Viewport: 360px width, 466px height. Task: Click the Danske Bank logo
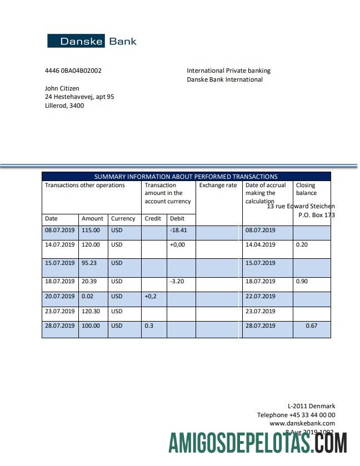(x=92, y=41)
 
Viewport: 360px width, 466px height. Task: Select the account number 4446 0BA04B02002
(x=73, y=71)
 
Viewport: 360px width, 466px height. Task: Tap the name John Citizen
(x=62, y=88)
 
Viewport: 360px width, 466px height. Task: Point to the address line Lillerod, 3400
(x=64, y=106)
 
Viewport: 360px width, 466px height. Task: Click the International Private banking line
(x=228, y=71)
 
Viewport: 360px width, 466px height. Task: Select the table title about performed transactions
(x=186, y=177)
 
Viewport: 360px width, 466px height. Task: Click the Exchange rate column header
(x=218, y=186)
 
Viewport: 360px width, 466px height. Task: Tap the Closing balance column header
(x=306, y=189)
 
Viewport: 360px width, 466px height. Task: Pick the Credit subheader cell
(x=153, y=218)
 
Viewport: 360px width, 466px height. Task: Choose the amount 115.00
(x=91, y=230)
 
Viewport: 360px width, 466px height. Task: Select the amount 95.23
(x=91, y=263)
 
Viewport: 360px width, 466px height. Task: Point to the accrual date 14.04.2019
(x=260, y=244)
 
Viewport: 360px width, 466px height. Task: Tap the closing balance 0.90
(x=302, y=282)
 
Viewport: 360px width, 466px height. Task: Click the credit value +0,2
(x=151, y=297)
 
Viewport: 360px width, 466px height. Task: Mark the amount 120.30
(x=91, y=311)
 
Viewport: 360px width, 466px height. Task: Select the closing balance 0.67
(x=312, y=325)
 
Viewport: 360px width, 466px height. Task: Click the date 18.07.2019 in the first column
(x=59, y=282)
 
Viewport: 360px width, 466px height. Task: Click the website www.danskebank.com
(x=302, y=423)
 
